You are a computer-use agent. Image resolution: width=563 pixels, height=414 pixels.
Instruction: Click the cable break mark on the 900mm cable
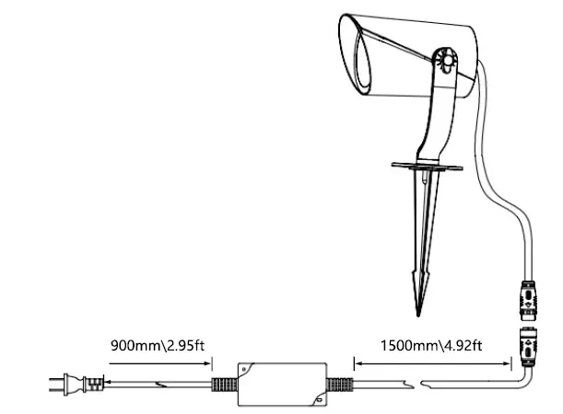[162, 383]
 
